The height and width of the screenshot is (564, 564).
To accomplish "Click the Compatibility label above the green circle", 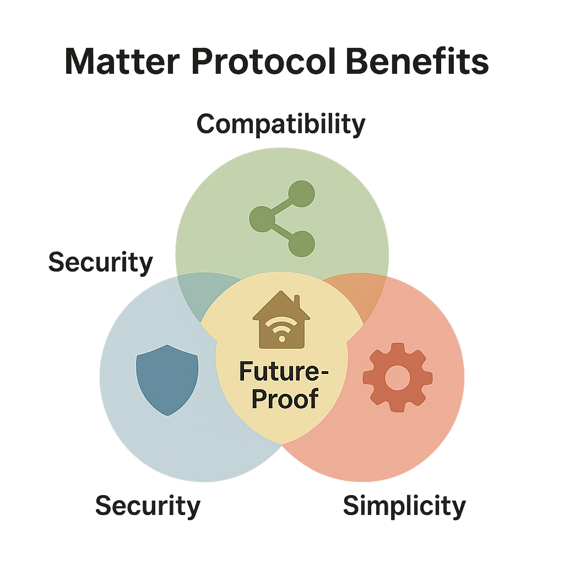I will [281, 124].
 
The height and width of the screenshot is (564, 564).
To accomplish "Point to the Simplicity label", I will [404, 506].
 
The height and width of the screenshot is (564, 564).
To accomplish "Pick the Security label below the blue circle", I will [148, 506].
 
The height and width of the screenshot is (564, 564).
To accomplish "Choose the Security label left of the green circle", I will [100, 262].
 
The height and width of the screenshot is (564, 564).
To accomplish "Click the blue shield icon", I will [167, 379].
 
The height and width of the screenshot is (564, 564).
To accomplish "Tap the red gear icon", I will [398, 377].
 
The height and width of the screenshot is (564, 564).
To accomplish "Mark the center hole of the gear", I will [398, 377].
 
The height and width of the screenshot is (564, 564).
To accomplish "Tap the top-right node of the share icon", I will [301, 194].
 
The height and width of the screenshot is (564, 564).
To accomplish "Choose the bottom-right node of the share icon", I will [301, 243].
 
